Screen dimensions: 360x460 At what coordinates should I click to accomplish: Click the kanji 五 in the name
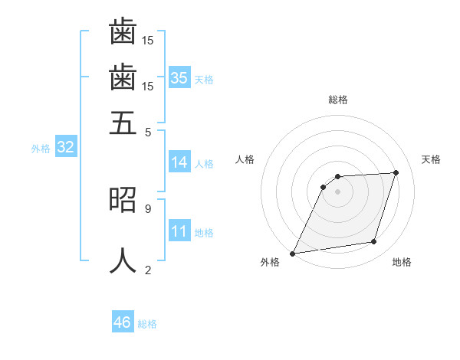[123, 122]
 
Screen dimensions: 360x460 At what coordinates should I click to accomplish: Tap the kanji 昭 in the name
[123, 198]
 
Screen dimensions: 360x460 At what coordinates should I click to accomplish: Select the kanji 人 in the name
[123, 260]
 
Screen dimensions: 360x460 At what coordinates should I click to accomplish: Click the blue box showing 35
[179, 77]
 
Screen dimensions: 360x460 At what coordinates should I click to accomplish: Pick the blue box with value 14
[179, 162]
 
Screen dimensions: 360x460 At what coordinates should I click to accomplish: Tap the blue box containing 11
[179, 231]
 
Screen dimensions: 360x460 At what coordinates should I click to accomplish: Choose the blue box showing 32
[65, 147]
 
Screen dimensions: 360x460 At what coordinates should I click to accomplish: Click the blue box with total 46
[122, 322]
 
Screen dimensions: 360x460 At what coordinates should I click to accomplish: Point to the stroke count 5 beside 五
[148, 131]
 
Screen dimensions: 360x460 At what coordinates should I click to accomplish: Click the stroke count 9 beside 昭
[148, 208]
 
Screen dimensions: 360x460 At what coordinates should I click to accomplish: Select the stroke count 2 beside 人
[148, 269]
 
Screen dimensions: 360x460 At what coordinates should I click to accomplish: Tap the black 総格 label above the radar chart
[338, 100]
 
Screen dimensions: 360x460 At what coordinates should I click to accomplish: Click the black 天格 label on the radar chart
[431, 159]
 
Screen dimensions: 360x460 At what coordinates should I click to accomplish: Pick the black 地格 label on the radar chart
[402, 262]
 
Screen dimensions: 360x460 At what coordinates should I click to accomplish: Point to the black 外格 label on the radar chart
[270, 262]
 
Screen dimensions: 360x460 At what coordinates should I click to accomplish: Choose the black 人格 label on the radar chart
[245, 159]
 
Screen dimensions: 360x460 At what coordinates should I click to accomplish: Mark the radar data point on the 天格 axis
[396, 173]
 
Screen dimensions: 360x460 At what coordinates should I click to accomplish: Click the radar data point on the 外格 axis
[293, 253]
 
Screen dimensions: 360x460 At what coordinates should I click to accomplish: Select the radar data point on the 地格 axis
[374, 242]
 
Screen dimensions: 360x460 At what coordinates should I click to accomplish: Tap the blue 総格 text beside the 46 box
[147, 323]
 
